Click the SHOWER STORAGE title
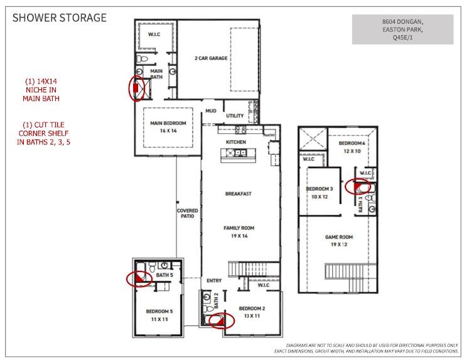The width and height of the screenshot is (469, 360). point(60,17)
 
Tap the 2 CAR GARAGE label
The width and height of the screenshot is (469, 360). point(210,58)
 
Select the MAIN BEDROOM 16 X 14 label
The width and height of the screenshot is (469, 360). point(164,127)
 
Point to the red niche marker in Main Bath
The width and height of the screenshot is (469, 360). point(135,89)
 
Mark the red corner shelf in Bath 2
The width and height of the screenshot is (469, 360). point(218,322)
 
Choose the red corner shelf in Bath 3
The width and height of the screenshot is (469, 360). point(360,186)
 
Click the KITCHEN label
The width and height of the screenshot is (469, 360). point(237,143)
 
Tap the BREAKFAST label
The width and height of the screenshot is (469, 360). point(238,194)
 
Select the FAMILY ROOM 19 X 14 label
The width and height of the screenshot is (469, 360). point(238,231)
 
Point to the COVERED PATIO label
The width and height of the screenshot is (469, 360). point(187,213)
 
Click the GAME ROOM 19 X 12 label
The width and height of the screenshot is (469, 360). point(338,241)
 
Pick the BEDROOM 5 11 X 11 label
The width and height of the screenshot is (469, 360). point(159,315)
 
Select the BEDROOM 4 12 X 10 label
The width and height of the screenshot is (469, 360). point(352,147)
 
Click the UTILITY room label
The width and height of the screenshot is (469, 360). point(235,116)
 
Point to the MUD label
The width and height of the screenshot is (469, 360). point(210,111)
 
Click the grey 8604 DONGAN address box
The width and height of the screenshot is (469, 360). point(402,30)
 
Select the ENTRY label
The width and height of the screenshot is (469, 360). point(213,280)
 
